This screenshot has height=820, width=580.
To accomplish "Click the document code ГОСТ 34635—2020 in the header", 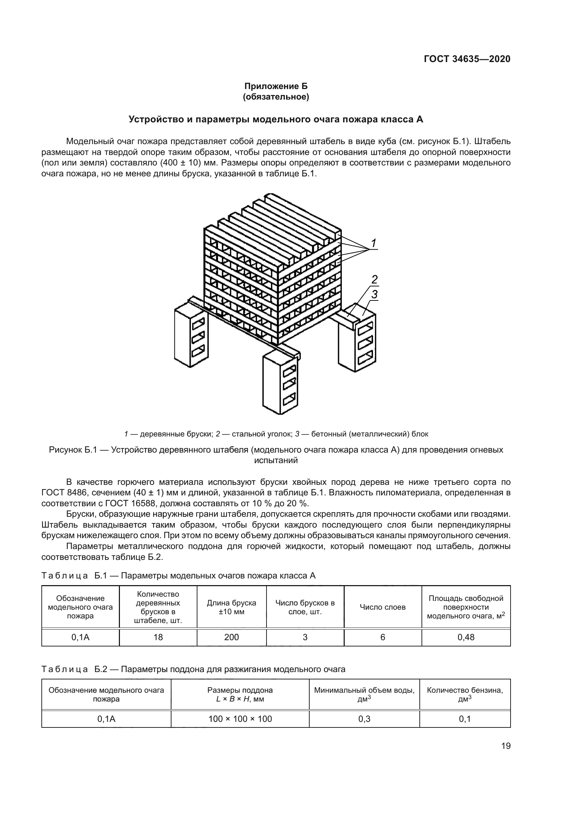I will (x=467, y=59).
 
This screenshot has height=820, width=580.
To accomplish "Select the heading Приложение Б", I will (x=276, y=86).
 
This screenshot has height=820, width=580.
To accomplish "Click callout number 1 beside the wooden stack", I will (x=373, y=244).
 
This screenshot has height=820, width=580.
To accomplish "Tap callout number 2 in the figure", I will (x=374, y=280).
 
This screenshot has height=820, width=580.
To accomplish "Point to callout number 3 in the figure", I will (x=374, y=295).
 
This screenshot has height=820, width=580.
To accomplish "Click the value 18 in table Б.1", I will (x=158, y=637).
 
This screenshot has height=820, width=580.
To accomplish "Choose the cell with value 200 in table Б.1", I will (x=231, y=637).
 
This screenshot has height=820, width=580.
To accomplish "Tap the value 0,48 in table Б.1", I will (x=466, y=637).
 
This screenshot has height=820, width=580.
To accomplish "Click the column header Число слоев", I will (x=383, y=607).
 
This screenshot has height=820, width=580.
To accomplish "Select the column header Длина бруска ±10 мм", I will (x=231, y=607).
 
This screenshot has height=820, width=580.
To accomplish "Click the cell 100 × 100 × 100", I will (x=240, y=719).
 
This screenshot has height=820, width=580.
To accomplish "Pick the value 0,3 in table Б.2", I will (x=364, y=719).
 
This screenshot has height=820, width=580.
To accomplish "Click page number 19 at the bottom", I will (x=506, y=746).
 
